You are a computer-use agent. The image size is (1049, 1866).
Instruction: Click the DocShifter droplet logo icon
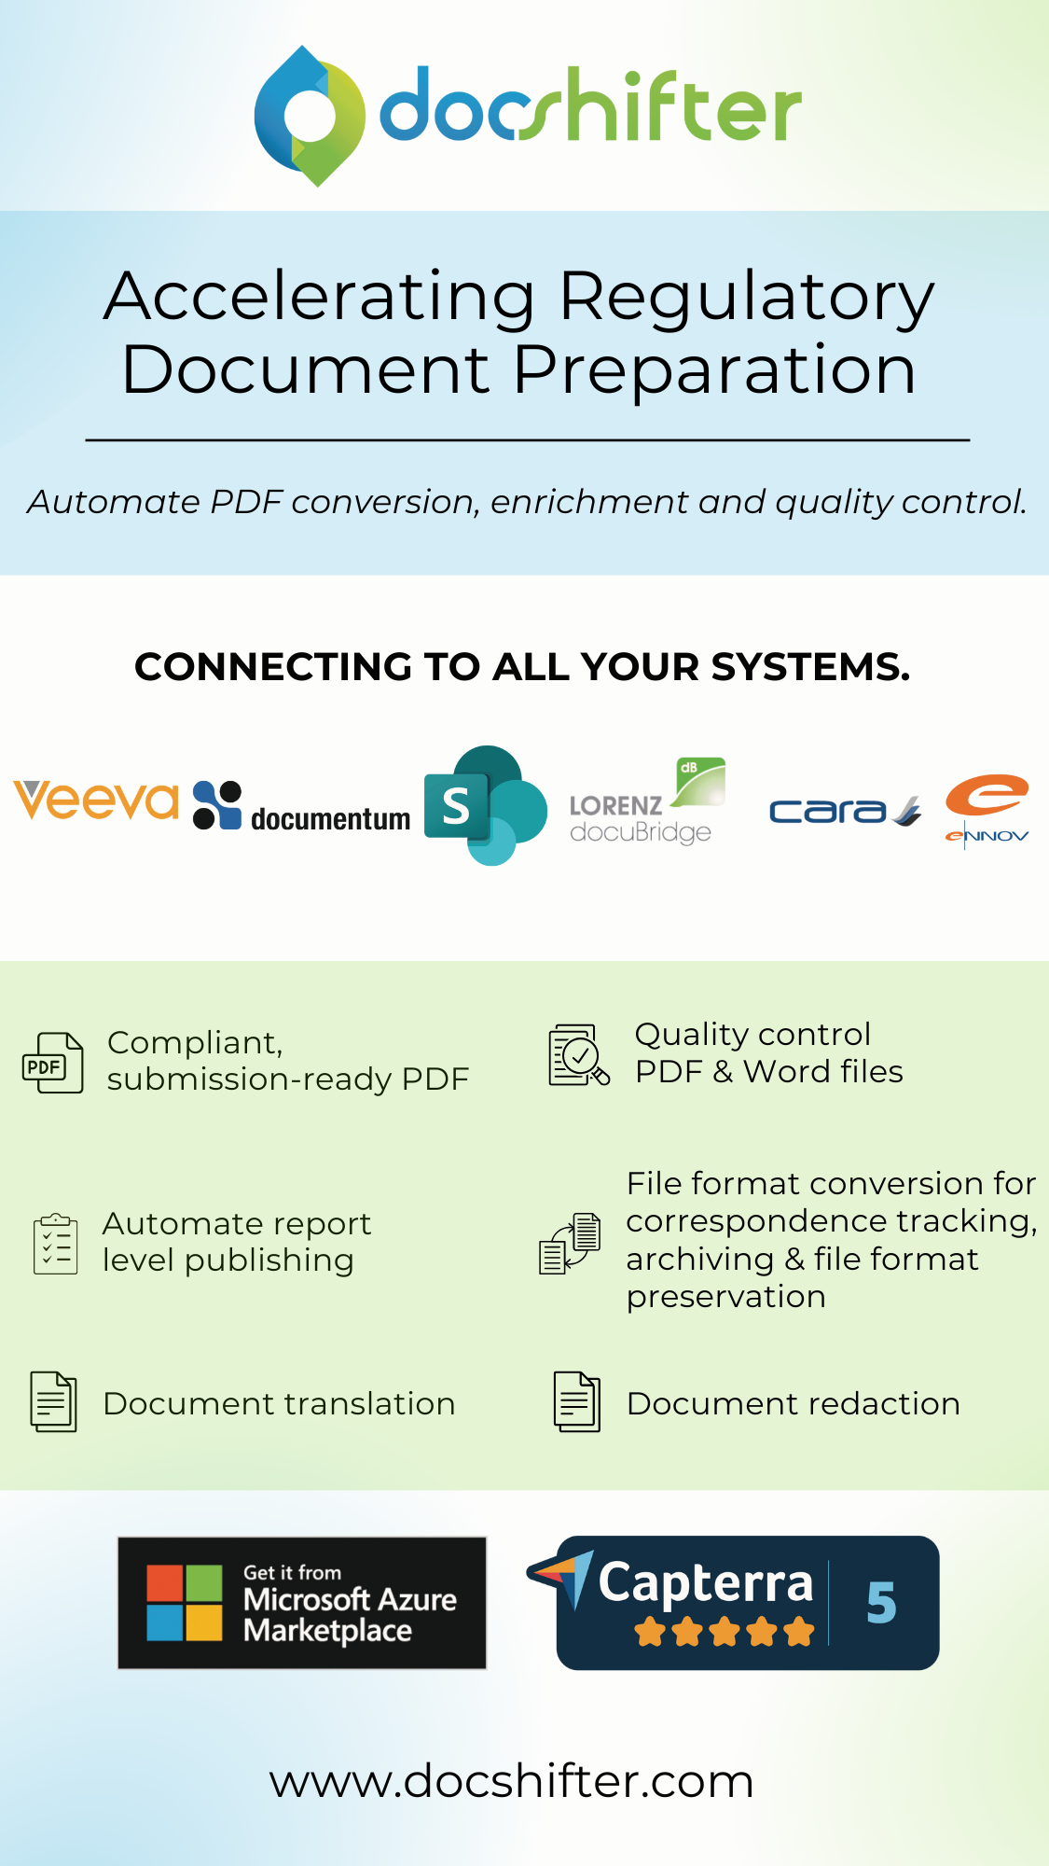pos(310,116)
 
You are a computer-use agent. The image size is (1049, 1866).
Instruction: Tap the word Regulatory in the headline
pos(746,297)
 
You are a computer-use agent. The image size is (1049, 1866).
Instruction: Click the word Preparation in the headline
pos(714,369)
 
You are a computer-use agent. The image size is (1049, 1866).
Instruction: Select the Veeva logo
pos(96,801)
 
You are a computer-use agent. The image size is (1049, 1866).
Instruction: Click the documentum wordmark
pos(330,819)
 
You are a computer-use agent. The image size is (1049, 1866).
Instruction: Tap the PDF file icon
pos(53,1063)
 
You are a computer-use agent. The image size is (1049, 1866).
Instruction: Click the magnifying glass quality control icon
pos(578,1055)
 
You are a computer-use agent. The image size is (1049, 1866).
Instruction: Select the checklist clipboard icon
pos(56,1244)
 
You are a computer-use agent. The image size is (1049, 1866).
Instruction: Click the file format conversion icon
pos(570,1243)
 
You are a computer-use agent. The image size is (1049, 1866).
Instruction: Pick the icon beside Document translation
pos(54,1401)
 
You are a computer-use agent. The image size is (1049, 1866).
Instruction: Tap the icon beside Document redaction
pos(577,1401)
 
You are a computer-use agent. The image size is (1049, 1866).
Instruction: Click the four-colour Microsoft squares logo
pos(185,1603)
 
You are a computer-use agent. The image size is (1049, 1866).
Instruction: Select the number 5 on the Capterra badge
pos(881,1603)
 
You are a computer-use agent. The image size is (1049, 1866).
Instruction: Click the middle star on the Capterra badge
pos(725,1633)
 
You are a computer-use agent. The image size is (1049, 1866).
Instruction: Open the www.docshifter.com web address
pos(511,1781)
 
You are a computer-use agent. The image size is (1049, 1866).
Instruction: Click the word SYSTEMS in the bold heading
pos(810,667)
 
